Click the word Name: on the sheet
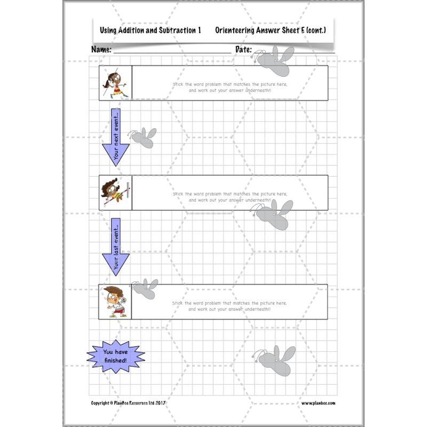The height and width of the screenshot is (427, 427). coord(101,50)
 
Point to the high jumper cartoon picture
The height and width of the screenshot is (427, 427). coord(116,192)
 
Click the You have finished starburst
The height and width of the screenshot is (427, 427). coord(115,356)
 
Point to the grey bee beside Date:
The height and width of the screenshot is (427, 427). coord(275,59)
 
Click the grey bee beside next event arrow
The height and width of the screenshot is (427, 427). coord(144,137)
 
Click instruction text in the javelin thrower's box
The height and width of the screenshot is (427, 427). coord(230,87)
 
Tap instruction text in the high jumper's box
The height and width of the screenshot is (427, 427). coord(230,196)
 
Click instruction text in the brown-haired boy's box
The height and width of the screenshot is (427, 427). coord(230,306)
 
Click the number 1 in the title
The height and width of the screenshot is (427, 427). coord(199,31)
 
